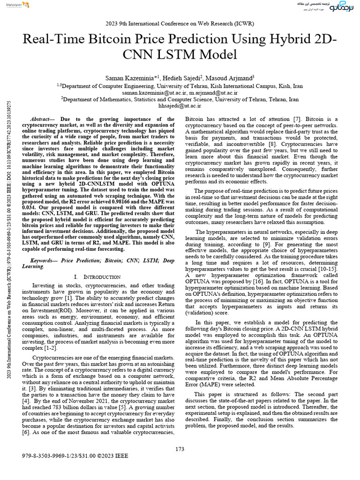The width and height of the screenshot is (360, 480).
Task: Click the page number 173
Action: tap(180, 450)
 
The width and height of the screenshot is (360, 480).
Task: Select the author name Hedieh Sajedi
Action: tap(192, 77)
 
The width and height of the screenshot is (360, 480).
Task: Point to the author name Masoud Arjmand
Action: tap(234, 77)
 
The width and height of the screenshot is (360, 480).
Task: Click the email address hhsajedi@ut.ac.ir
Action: tap(180, 106)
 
